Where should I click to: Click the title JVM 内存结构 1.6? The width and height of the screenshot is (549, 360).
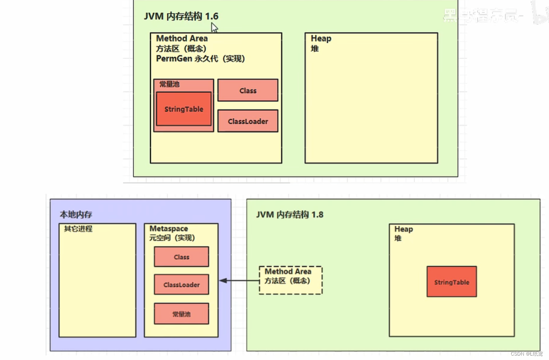(x=181, y=16)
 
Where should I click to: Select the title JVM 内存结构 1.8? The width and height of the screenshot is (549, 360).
(x=289, y=215)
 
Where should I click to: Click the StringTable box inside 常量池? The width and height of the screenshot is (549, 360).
(x=184, y=109)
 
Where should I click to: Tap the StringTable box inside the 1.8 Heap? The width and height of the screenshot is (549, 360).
(x=452, y=282)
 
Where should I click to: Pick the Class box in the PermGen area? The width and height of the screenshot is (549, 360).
(x=248, y=90)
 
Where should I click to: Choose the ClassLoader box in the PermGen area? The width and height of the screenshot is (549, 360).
(x=248, y=121)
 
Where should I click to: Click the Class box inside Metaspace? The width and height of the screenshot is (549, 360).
(x=181, y=257)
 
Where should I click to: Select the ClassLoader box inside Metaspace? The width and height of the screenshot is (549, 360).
(x=181, y=285)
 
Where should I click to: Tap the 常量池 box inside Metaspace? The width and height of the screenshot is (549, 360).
(x=181, y=314)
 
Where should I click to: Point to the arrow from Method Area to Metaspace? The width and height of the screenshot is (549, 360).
(x=239, y=281)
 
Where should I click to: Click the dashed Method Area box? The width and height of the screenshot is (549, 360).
(x=291, y=280)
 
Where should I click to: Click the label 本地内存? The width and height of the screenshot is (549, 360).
(x=76, y=215)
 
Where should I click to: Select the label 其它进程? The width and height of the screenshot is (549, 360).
(x=78, y=229)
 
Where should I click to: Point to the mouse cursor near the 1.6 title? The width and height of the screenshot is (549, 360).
(x=214, y=27)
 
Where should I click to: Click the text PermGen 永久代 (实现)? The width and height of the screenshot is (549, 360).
(x=200, y=59)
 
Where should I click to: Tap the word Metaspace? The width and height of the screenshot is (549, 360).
(x=169, y=228)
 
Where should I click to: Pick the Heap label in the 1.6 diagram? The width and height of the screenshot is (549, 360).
(x=321, y=39)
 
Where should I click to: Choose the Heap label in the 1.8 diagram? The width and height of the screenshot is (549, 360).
(x=404, y=229)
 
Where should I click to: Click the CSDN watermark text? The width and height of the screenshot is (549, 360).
(x=526, y=354)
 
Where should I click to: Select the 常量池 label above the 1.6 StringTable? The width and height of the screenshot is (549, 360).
(x=169, y=84)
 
